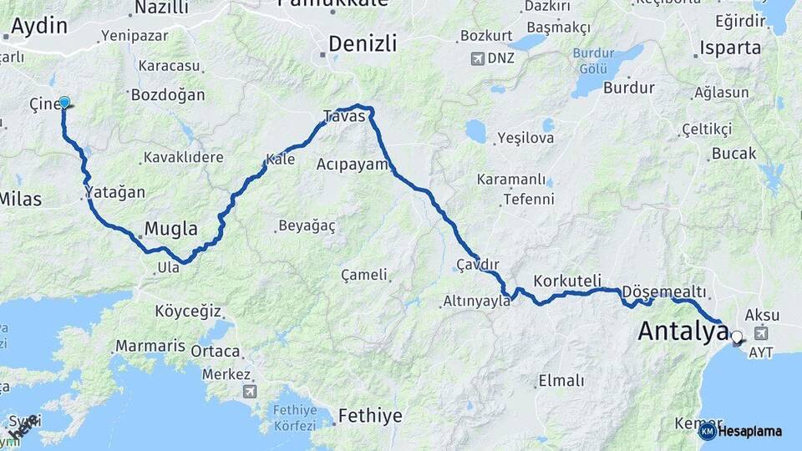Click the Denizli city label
click(x=362, y=43)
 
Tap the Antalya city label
click(x=683, y=331)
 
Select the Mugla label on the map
click(x=170, y=229)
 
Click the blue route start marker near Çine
click(x=64, y=103)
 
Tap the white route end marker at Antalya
click(x=736, y=337)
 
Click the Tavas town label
click(x=344, y=116)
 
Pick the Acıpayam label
click(x=353, y=165)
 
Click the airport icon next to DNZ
click(x=477, y=58)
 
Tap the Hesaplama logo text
click(x=749, y=431)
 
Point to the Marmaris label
click(x=150, y=345)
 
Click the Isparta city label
click(x=731, y=47)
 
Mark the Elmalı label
click(x=561, y=381)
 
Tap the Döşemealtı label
click(x=664, y=291)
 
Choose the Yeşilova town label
click(x=525, y=138)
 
